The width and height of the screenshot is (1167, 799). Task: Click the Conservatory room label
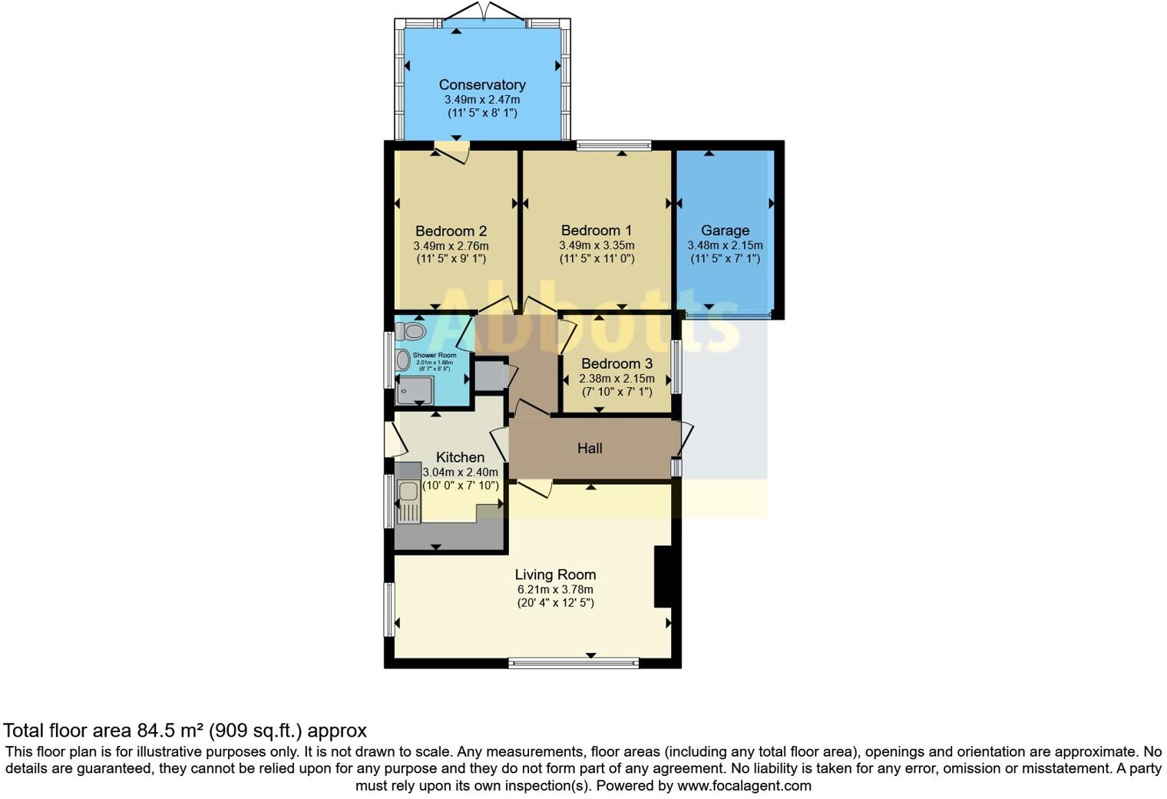(482, 85)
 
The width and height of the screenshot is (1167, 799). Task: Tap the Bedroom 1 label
(596, 230)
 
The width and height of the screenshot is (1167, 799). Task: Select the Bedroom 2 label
(451, 231)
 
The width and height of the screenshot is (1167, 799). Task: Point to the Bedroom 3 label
(617, 363)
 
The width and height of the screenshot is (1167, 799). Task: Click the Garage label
(725, 230)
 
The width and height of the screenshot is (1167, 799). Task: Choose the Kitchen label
(460, 457)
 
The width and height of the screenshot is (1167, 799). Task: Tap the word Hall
(590, 448)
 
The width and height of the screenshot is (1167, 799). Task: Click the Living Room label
(555, 575)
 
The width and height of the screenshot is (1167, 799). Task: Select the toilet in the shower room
(412, 331)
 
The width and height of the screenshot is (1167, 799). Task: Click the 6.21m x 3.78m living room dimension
(555, 589)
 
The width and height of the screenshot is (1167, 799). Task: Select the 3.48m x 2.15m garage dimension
(725, 245)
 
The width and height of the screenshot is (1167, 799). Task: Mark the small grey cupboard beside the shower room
(488, 376)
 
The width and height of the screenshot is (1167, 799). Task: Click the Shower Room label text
(435, 355)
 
